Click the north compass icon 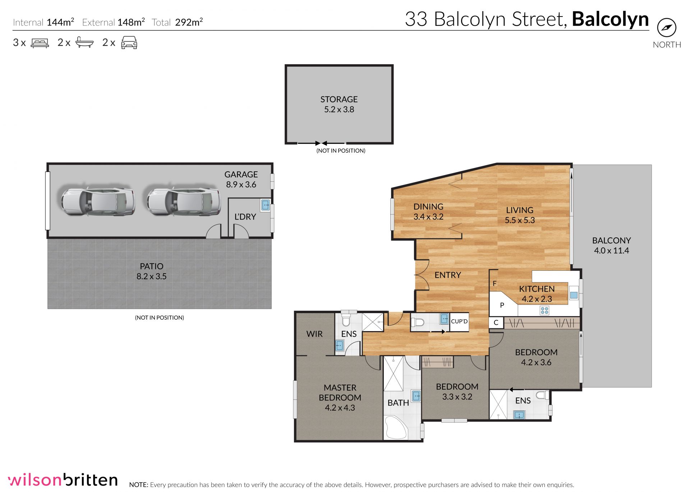(x=667, y=28)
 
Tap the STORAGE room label (x=339, y=99)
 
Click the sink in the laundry (x=265, y=205)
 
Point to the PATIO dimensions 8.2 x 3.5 (x=151, y=277)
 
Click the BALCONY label (x=611, y=240)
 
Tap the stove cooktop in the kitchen (x=544, y=310)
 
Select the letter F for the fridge (x=494, y=284)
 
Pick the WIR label (x=314, y=334)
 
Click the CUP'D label (x=459, y=321)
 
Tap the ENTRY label (x=447, y=275)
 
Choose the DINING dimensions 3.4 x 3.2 (x=428, y=217)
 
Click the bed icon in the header (x=40, y=43)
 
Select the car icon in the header (x=129, y=42)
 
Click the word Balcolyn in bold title (x=610, y=19)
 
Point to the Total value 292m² (x=189, y=22)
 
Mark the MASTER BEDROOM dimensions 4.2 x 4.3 (x=340, y=408)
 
